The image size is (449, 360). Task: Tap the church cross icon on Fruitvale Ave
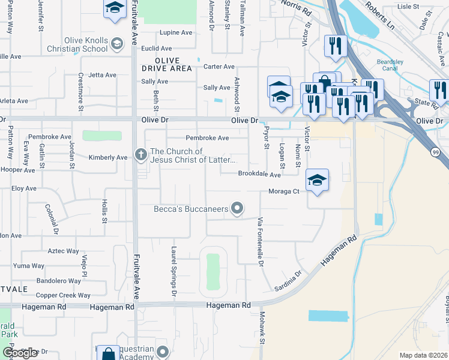140,155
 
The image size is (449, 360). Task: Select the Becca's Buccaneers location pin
238,208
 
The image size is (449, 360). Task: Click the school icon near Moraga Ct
318,179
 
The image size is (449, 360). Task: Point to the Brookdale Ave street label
259,175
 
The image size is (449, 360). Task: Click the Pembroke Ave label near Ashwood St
207,138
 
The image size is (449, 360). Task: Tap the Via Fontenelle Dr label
261,242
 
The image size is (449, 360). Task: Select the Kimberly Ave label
108,157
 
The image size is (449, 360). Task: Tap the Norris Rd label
298,11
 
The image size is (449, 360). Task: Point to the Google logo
20,353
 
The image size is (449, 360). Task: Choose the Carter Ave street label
219,67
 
